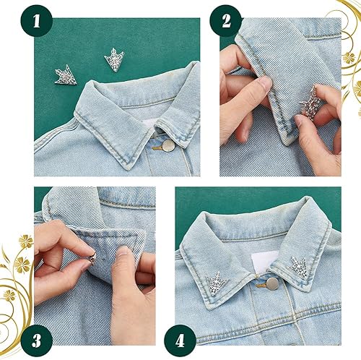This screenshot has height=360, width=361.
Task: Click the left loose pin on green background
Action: pos(66,73)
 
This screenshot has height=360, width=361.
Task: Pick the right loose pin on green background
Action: pos(115,59)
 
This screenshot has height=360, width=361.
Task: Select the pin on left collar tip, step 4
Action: pos(215,280)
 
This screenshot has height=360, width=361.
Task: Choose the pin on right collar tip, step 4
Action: pos(300,266)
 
